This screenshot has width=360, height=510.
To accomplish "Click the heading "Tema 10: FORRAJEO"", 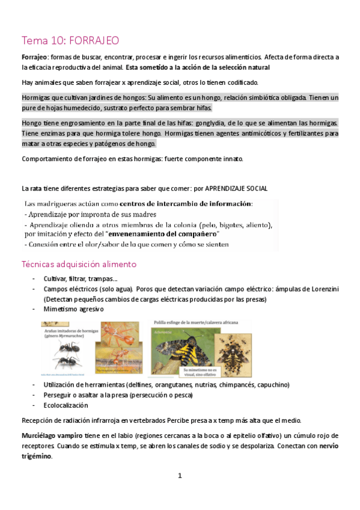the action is (70, 40).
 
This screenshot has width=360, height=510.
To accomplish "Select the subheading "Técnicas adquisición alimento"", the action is (79, 264).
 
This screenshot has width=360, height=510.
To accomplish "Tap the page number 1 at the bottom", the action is (180, 476).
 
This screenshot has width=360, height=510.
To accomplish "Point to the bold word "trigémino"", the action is (36, 456).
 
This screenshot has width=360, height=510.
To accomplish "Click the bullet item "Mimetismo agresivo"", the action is (73, 309).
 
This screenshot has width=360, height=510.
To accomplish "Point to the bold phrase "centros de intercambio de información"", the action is (185, 203).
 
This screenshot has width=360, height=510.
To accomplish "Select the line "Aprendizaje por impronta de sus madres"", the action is (91, 214).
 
